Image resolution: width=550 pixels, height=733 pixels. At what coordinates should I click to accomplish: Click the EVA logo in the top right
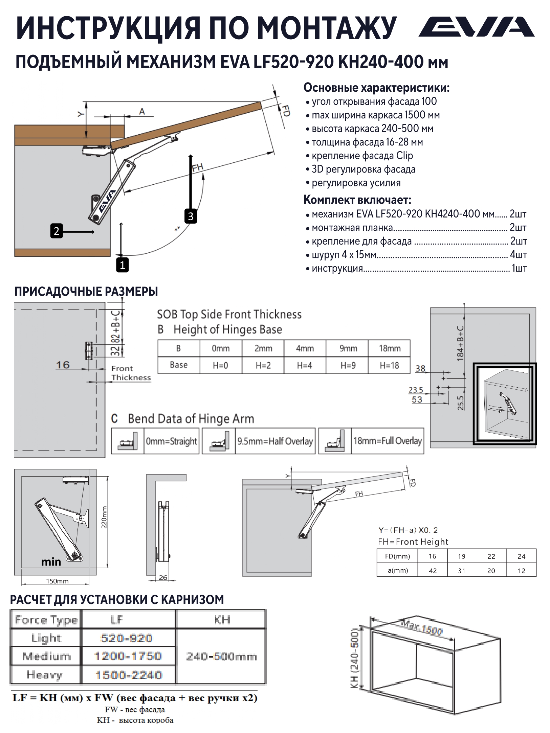pyautogui.click(x=477, y=27)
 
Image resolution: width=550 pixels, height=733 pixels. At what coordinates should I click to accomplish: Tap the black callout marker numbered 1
pyautogui.click(x=122, y=265)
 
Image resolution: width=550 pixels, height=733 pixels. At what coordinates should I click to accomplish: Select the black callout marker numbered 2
pyautogui.click(x=57, y=231)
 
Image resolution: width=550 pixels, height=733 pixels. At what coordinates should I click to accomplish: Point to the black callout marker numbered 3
pyautogui.click(x=191, y=216)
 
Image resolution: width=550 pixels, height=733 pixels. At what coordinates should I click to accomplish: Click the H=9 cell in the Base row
pyautogui.click(x=348, y=365)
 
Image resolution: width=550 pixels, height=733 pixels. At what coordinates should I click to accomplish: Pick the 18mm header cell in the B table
pyautogui.click(x=389, y=348)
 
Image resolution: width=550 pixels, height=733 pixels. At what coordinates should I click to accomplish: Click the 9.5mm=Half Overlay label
pyautogui.click(x=275, y=441)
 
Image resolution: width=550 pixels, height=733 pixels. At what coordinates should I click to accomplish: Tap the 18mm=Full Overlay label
pyautogui.click(x=388, y=441)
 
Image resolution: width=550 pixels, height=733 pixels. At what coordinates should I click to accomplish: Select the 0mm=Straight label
pyautogui.click(x=171, y=441)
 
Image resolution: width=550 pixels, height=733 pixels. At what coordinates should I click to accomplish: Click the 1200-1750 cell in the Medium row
pyautogui.click(x=128, y=656)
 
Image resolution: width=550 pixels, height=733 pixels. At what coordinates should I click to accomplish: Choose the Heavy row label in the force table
pyautogui.click(x=45, y=675)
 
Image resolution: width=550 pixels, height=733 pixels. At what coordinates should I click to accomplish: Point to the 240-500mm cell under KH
pyautogui.click(x=221, y=657)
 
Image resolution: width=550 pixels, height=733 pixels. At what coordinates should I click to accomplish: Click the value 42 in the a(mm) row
pyautogui.click(x=433, y=571)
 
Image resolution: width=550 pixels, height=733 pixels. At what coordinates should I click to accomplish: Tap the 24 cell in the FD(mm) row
pyautogui.click(x=521, y=556)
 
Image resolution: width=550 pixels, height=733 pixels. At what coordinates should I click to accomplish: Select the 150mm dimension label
pyautogui.click(x=57, y=581)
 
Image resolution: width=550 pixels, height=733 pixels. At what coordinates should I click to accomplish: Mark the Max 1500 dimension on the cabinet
pyautogui.click(x=422, y=626)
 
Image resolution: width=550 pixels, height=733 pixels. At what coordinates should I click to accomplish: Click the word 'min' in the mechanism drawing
pyautogui.click(x=51, y=562)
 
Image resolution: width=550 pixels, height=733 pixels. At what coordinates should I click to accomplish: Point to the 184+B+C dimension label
pyautogui.click(x=460, y=344)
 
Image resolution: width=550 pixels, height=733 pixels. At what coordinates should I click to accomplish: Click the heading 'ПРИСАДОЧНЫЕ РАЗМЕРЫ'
pyautogui.click(x=86, y=291)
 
